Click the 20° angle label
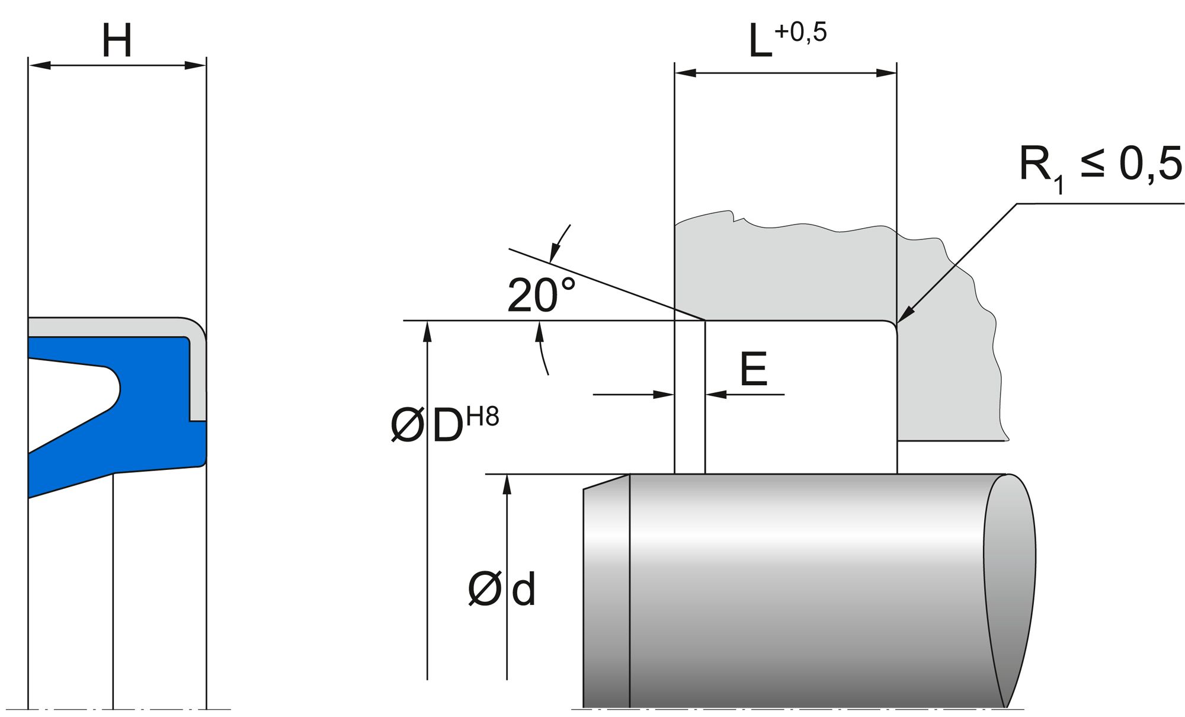(540, 296)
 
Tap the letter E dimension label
(754, 369)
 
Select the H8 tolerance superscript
(482, 417)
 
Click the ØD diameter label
(427, 426)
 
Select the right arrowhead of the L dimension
(887, 73)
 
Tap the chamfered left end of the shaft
(606, 593)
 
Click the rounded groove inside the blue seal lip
(113, 388)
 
